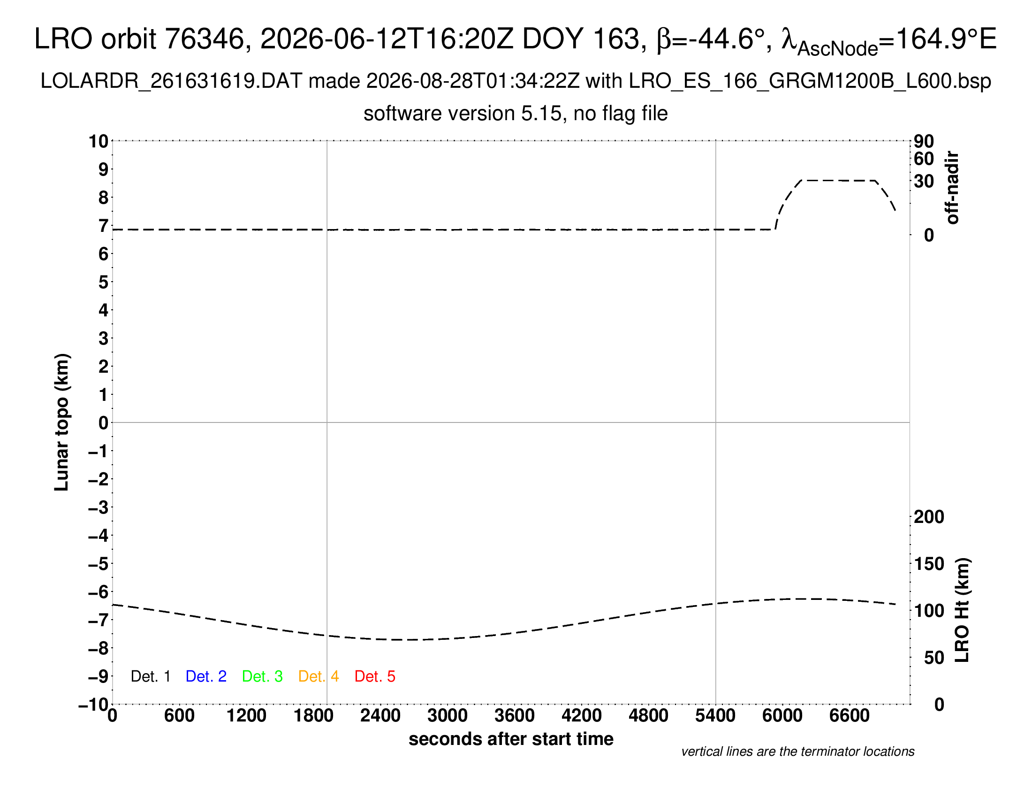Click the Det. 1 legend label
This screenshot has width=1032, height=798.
(150, 676)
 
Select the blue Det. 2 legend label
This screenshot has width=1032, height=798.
(206, 676)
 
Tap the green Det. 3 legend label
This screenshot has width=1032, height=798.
(262, 676)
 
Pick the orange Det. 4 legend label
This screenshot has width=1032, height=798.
(319, 676)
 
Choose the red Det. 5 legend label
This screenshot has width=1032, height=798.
(375, 676)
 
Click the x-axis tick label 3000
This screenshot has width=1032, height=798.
(448, 716)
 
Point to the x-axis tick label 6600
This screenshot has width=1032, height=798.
(849, 716)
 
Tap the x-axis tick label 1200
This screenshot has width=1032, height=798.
(246, 716)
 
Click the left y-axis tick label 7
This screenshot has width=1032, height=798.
(103, 226)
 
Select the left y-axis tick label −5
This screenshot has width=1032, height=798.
(99, 564)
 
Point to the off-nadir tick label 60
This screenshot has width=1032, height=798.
(924, 159)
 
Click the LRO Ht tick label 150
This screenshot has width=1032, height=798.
(929, 564)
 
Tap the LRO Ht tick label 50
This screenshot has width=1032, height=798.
(934, 658)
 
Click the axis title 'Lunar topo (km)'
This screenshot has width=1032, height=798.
(62, 422)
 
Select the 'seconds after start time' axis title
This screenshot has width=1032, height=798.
(511, 739)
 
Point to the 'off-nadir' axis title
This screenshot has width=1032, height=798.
(952, 188)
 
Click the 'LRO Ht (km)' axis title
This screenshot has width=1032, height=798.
(962, 610)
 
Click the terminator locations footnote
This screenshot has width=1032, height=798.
(797, 752)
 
